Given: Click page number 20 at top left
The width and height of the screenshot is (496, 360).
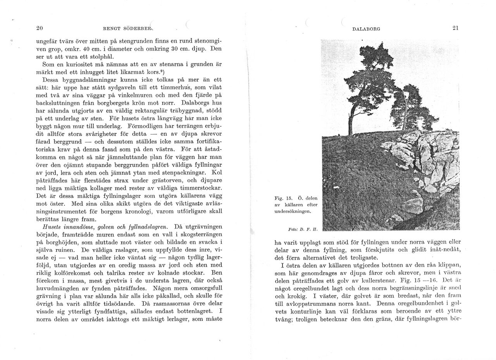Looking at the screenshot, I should click(x=39, y=28).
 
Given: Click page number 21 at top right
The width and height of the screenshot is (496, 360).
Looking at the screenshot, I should click(x=455, y=28).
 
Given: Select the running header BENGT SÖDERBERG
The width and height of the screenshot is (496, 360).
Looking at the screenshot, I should click(x=128, y=29).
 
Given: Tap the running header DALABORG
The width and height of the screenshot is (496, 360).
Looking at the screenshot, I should click(x=367, y=29).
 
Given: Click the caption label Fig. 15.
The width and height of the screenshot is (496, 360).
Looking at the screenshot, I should click(x=282, y=198).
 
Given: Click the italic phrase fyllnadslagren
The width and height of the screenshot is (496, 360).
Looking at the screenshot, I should click(x=149, y=226).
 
